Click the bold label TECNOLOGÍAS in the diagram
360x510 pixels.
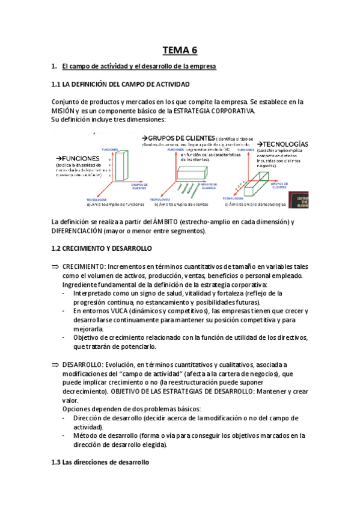point(285,144)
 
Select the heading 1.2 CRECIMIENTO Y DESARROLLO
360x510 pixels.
point(102,248)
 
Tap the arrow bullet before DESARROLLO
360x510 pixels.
point(56,364)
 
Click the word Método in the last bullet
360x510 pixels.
point(85,435)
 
